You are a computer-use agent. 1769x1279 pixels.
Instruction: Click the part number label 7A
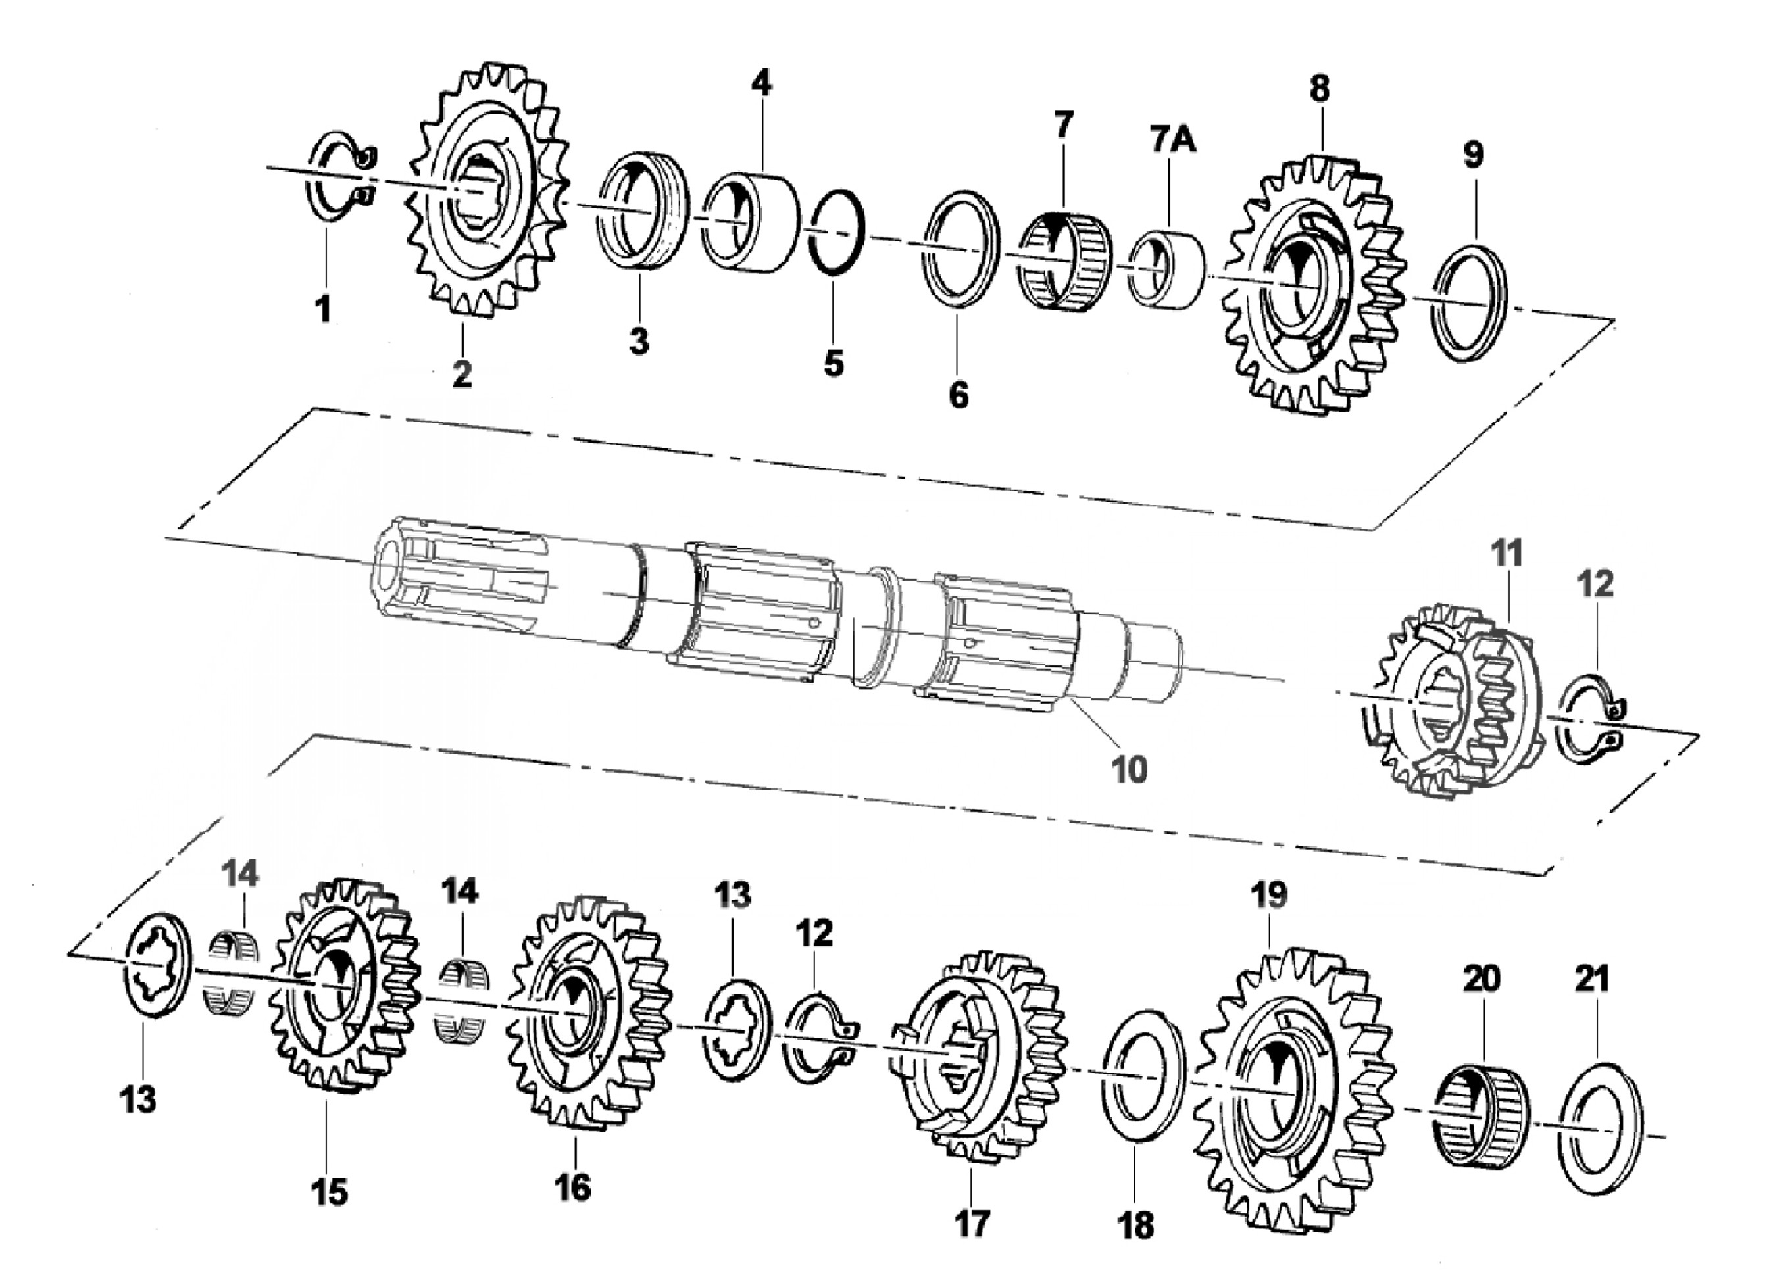click(x=1172, y=141)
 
